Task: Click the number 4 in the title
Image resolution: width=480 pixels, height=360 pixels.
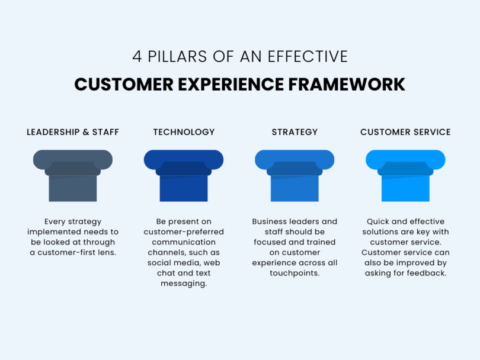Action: click(x=137, y=57)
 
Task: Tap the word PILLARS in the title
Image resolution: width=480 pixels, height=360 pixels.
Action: click(x=175, y=57)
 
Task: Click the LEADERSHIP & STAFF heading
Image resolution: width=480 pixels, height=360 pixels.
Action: click(x=73, y=132)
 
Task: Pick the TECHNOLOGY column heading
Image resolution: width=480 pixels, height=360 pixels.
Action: click(x=184, y=132)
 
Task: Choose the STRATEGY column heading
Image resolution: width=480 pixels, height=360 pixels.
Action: click(x=295, y=132)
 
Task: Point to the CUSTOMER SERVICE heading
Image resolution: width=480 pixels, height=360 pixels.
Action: click(x=405, y=132)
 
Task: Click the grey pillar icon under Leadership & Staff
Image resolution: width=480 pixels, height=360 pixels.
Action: click(x=73, y=175)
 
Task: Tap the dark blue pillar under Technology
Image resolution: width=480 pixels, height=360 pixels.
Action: click(x=184, y=175)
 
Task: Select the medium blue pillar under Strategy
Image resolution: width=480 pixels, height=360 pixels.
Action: click(x=295, y=175)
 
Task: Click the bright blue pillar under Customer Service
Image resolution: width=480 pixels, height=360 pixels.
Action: click(x=405, y=175)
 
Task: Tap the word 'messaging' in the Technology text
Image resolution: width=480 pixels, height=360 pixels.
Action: click(x=184, y=284)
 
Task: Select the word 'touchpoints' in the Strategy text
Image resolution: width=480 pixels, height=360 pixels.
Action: click(x=295, y=273)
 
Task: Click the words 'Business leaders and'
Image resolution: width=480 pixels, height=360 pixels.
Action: click(x=295, y=221)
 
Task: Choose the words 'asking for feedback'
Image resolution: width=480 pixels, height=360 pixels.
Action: click(x=405, y=273)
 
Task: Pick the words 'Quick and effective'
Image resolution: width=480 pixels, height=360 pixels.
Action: click(x=405, y=221)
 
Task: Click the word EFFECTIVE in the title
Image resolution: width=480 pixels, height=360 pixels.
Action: click(x=308, y=57)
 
